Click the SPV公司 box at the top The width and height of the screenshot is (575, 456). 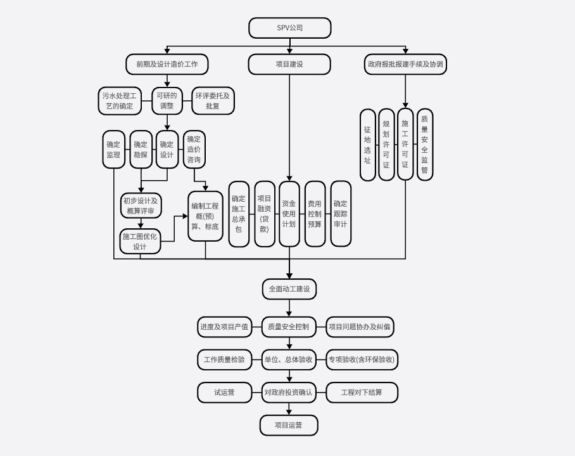pos(289,28)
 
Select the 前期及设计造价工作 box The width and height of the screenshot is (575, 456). pos(167,64)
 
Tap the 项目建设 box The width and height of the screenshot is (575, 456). pos(289,64)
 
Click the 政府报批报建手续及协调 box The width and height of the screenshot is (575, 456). pos(405,64)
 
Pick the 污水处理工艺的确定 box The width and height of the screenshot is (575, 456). pos(120,101)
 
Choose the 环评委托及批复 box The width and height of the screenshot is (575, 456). pos(213,101)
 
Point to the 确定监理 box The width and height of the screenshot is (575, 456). pos(114,149)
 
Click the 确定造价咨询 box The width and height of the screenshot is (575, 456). pos(194,149)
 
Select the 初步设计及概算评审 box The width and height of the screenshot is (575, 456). pos(141,205)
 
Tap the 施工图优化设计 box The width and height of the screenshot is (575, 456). pos(140,241)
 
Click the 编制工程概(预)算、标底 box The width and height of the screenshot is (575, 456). pos(205,216)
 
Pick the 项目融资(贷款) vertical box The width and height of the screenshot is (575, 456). pos(265,214)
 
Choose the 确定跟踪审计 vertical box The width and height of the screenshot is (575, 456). pos(340,214)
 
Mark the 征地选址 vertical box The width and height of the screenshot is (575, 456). pos(367,145)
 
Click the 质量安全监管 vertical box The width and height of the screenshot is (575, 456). pos(424,145)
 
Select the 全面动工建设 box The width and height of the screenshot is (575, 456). pos(289,289)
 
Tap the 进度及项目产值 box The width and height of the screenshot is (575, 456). pos(224,327)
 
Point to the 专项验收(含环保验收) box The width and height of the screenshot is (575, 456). pos(362,360)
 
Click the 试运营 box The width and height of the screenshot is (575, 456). pos(224,393)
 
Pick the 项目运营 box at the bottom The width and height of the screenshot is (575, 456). pos(289,425)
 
